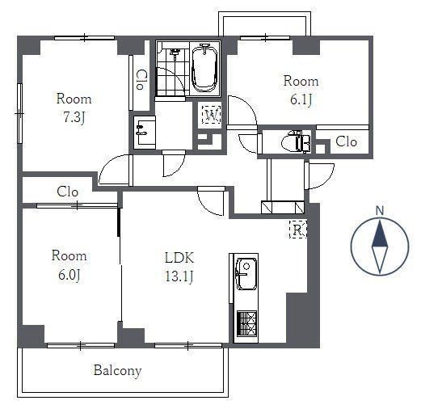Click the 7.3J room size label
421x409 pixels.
[x=74, y=117]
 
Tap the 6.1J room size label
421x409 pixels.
[x=301, y=99]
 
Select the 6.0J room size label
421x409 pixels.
[x=69, y=275]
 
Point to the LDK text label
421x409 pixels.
[x=179, y=258]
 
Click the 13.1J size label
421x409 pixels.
[x=179, y=276]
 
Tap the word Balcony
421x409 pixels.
[x=117, y=371]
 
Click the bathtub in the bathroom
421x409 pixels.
[x=204, y=68]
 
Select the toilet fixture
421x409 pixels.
[x=296, y=141]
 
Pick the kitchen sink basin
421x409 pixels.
[x=246, y=273]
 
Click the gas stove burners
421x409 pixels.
[x=246, y=323]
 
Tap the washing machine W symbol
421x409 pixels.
[x=212, y=116]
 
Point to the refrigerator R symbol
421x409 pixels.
[x=298, y=230]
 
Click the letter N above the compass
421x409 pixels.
[x=380, y=211]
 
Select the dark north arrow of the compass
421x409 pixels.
[x=380, y=234]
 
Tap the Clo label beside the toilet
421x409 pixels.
[x=347, y=141]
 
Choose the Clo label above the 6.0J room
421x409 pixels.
[x=68, y=192]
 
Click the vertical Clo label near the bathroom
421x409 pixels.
[x=140, y=79]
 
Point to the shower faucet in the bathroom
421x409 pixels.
[x=175, y=53]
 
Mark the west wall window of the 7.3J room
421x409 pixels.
[x=19, y=113]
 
